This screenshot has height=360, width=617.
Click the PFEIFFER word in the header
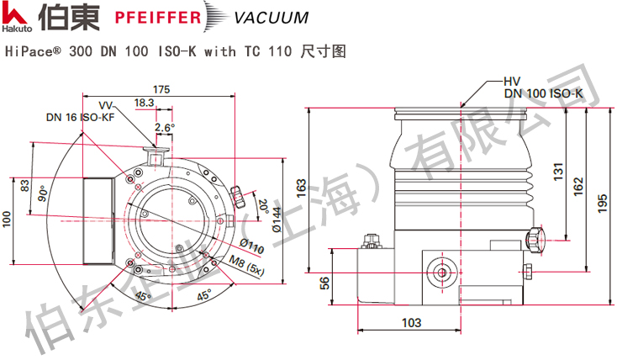159,17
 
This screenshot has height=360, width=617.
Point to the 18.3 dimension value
145,102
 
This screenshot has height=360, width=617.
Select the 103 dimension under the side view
410,323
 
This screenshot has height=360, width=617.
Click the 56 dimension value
324,283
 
